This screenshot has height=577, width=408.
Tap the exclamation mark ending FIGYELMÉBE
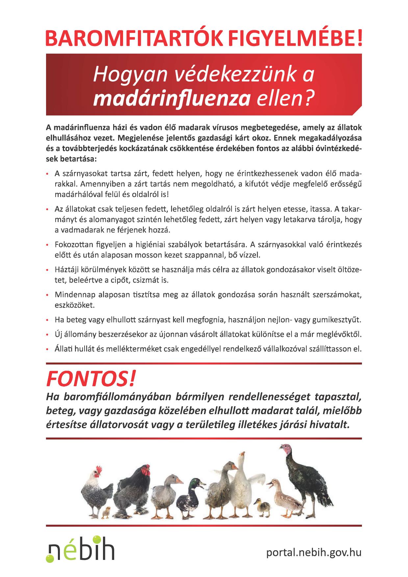(x=358, y=39)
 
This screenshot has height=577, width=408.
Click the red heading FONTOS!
(x=91, y=379)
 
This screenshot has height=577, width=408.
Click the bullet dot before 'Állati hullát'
(x=48, y=349)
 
